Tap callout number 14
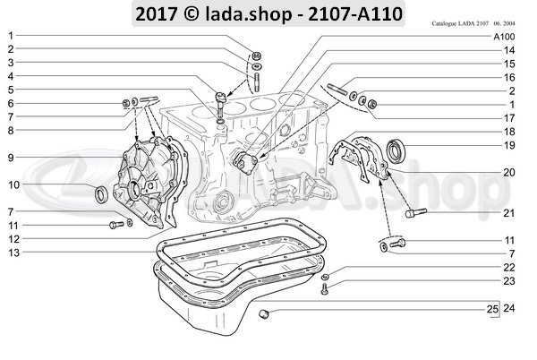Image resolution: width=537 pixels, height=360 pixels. (508, 52)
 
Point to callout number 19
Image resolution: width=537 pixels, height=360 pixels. (508, 145)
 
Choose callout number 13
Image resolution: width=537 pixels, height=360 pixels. (10, 253)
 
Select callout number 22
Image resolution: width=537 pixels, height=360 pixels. (508, 268)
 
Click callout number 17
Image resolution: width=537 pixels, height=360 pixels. (508, 117)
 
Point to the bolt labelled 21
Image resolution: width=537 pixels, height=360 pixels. (418, 213)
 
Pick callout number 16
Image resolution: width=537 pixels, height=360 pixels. (508, 78)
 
